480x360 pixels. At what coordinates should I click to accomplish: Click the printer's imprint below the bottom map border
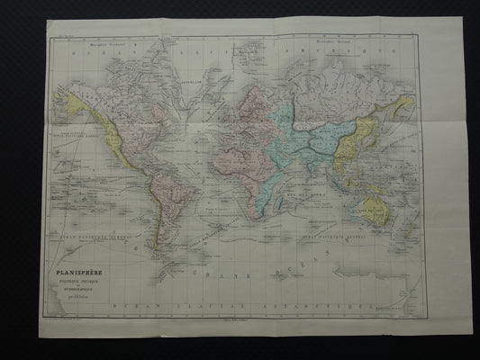[x=240, y=320]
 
